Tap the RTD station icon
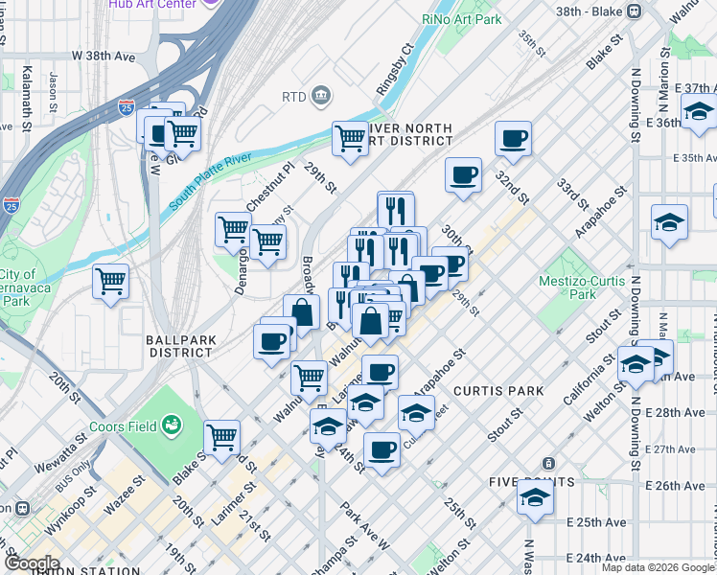pos(320,96)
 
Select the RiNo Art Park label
pos(461,18)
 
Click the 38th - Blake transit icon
pos(633,11)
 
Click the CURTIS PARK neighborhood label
pos(498,391)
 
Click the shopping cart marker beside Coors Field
pos(221,437)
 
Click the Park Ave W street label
pos(364,523)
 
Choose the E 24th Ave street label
pos(589,558)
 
